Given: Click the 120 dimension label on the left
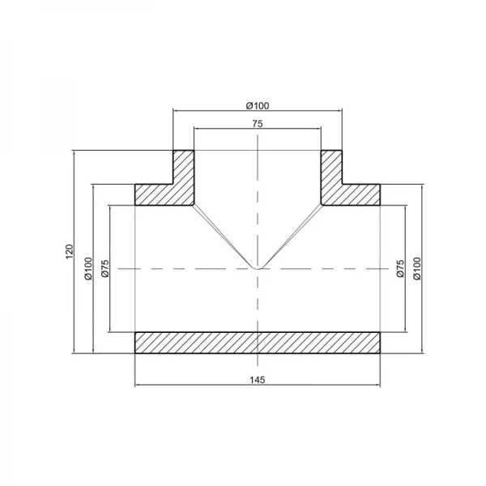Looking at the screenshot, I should [69, 252].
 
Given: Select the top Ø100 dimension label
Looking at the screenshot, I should [258, 105].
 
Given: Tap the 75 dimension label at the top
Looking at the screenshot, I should [258, 124].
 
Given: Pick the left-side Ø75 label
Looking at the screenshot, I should [105, 269].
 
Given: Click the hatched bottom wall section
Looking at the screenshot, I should [258, 342].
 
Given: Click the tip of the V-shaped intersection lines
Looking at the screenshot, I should [258, 267].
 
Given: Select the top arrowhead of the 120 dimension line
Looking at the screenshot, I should [75, 152].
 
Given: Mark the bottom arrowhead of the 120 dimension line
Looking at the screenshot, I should [75, 352].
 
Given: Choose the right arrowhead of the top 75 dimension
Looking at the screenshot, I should [320, 130].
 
